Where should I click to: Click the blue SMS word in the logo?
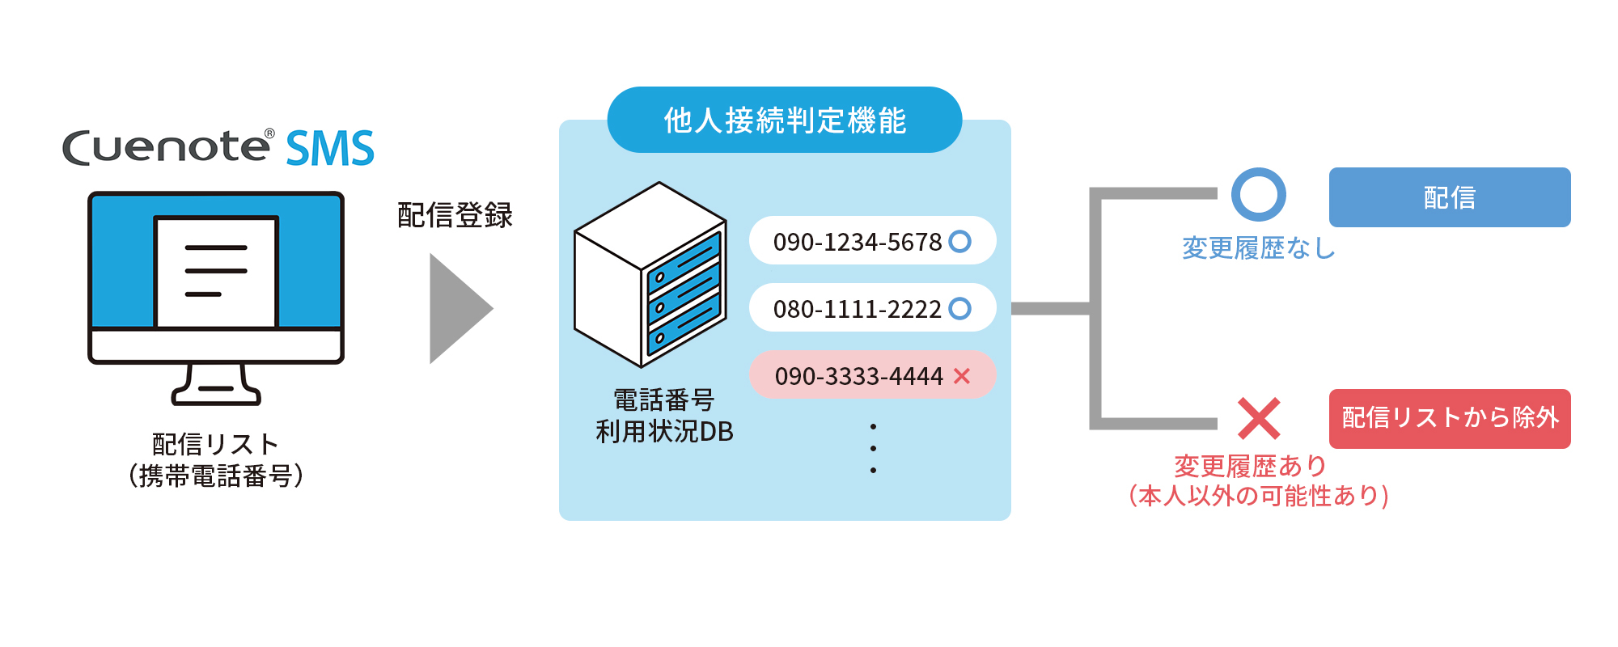pyautogui.click(x=330, y=149)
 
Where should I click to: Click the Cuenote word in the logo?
pyautogui.click(x=167, y=148)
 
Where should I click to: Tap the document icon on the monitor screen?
pyautogui.click(x=216, y=271)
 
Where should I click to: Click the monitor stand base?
pyautogui.click(x=216, y=394)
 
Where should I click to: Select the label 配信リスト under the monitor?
pyautogui.click(x=216, y=444)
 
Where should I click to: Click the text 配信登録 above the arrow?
pyautogui.click(x=455, y=215)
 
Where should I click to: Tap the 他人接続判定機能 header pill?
pyautogui.click(x=784, y=121)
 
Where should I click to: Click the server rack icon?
pyautogui.click(x=650, y=274)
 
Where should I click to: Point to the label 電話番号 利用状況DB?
pyautogui.click(x=664, y=416)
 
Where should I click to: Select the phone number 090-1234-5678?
pyautogui.click(x=858, y=242)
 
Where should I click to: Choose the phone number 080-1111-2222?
pyautogui.click(x=857, y=309)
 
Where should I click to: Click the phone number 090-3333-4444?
pyautogui.click(x=858, y=376)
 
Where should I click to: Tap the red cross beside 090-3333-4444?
pyautogui.click(x=961, y=375)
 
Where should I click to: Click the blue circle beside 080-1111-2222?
pyautogui.click(x=959, y=308)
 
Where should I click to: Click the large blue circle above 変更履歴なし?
pyautogui.click(x=1258, y=194)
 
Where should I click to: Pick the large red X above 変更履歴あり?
pyautogui.click(x=1259, y=418)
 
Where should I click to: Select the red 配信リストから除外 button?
pyautogui.click(x=1449, y=418)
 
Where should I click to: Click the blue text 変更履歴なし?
pyautogui.click(x=1258, y=248)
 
